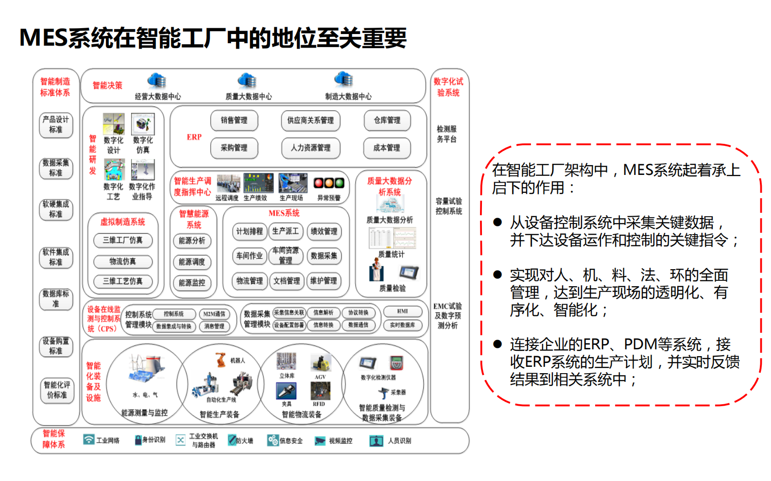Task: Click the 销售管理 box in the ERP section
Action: tap(234, 120)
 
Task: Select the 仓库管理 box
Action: tap(387, 120)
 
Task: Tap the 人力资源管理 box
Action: tap(310, 148)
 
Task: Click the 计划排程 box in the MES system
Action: tap(249, 231)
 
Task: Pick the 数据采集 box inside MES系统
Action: tap(324, 256)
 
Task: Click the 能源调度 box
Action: tap(192, 262)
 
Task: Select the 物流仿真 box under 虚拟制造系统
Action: tap(123, 261)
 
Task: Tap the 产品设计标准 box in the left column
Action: tap(56, 124)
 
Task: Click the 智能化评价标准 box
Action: tap(57, 390)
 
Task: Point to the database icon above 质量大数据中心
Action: tap(247, 80)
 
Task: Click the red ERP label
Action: tap(194, 137)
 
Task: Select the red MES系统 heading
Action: tap(284, 213)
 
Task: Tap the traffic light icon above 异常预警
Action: tap(329, 183)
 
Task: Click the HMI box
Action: tap(402, 311)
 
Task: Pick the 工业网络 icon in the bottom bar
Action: tap(88, 440)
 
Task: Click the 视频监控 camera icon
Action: tap(320, 441)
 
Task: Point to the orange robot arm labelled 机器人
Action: tap(221, 360)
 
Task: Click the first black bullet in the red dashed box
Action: tap(497, 223)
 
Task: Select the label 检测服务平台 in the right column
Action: tap(446, 134)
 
